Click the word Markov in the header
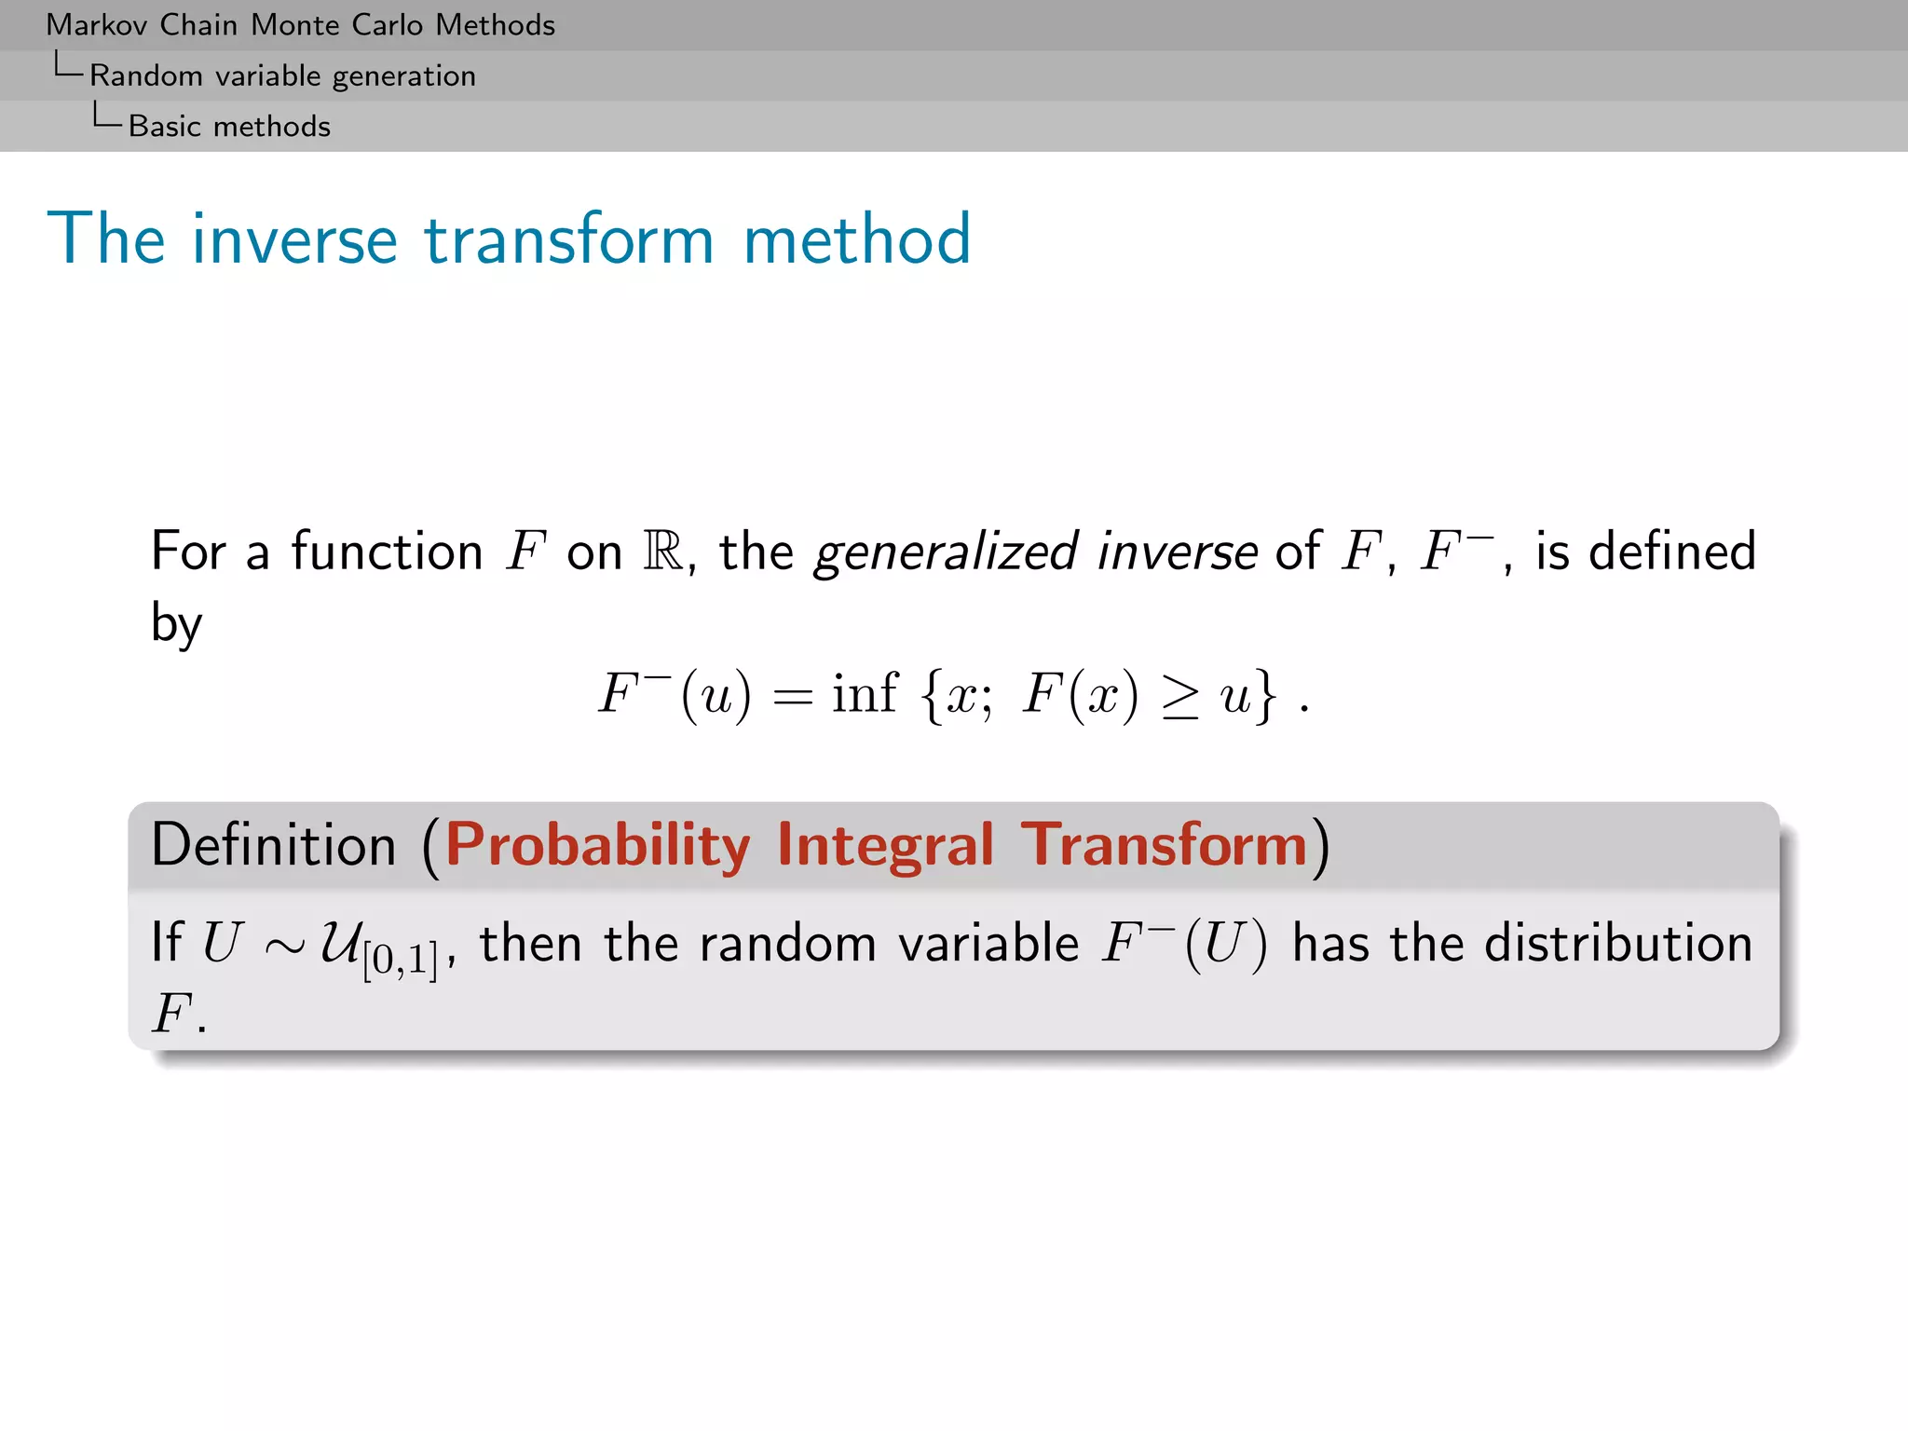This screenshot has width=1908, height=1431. (97, 25)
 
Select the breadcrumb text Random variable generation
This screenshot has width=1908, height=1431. (282, 75)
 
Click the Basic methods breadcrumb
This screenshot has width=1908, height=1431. (229, 126)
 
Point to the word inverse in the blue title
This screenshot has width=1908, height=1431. (294, 239)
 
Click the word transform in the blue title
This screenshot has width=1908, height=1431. (569, 239)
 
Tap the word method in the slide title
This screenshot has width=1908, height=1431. (856, 239)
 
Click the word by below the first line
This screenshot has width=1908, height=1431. (176, 622)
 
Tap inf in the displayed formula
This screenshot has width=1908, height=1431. (864, 693)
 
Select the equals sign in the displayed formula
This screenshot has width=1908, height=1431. (792, 697)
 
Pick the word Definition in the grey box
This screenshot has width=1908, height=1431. (274, 845)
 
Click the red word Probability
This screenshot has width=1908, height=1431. (597, 845)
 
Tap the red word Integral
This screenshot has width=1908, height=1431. (885, 845)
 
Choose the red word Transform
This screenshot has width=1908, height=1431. (1165, 845)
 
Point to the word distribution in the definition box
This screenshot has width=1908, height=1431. (1618, 943)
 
